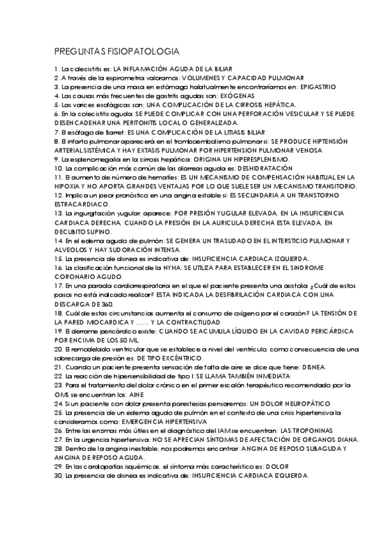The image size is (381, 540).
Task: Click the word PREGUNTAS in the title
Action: [76, 51]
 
